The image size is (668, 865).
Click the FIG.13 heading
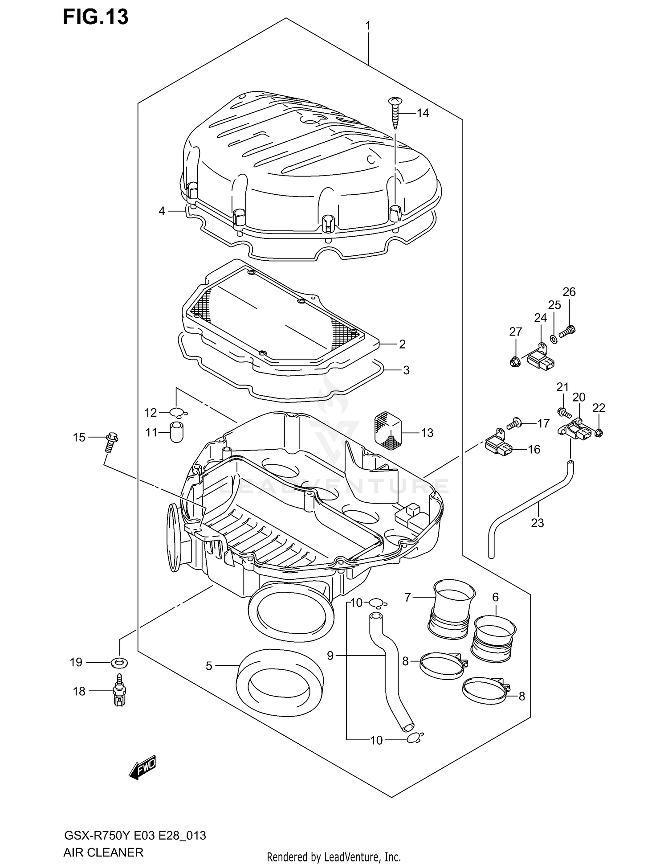coord(95,17)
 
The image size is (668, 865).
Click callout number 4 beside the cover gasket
coord(162,211)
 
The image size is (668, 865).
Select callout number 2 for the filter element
coord(402,344)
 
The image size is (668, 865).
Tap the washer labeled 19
coord(119,662)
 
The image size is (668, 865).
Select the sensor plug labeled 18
coord(119,692)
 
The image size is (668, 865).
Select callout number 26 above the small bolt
coord(569,292)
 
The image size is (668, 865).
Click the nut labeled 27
coord(514,361)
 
